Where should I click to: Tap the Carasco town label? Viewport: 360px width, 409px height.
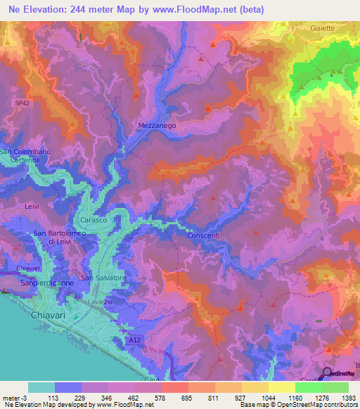[93, 221]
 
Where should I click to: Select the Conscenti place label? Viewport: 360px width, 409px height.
[204, 235]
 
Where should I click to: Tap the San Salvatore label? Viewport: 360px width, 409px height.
[103, 278]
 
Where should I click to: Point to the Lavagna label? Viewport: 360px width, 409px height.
[94, 301]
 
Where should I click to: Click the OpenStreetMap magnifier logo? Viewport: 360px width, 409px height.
[328, 373]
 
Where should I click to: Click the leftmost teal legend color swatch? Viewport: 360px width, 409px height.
[41, 387]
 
